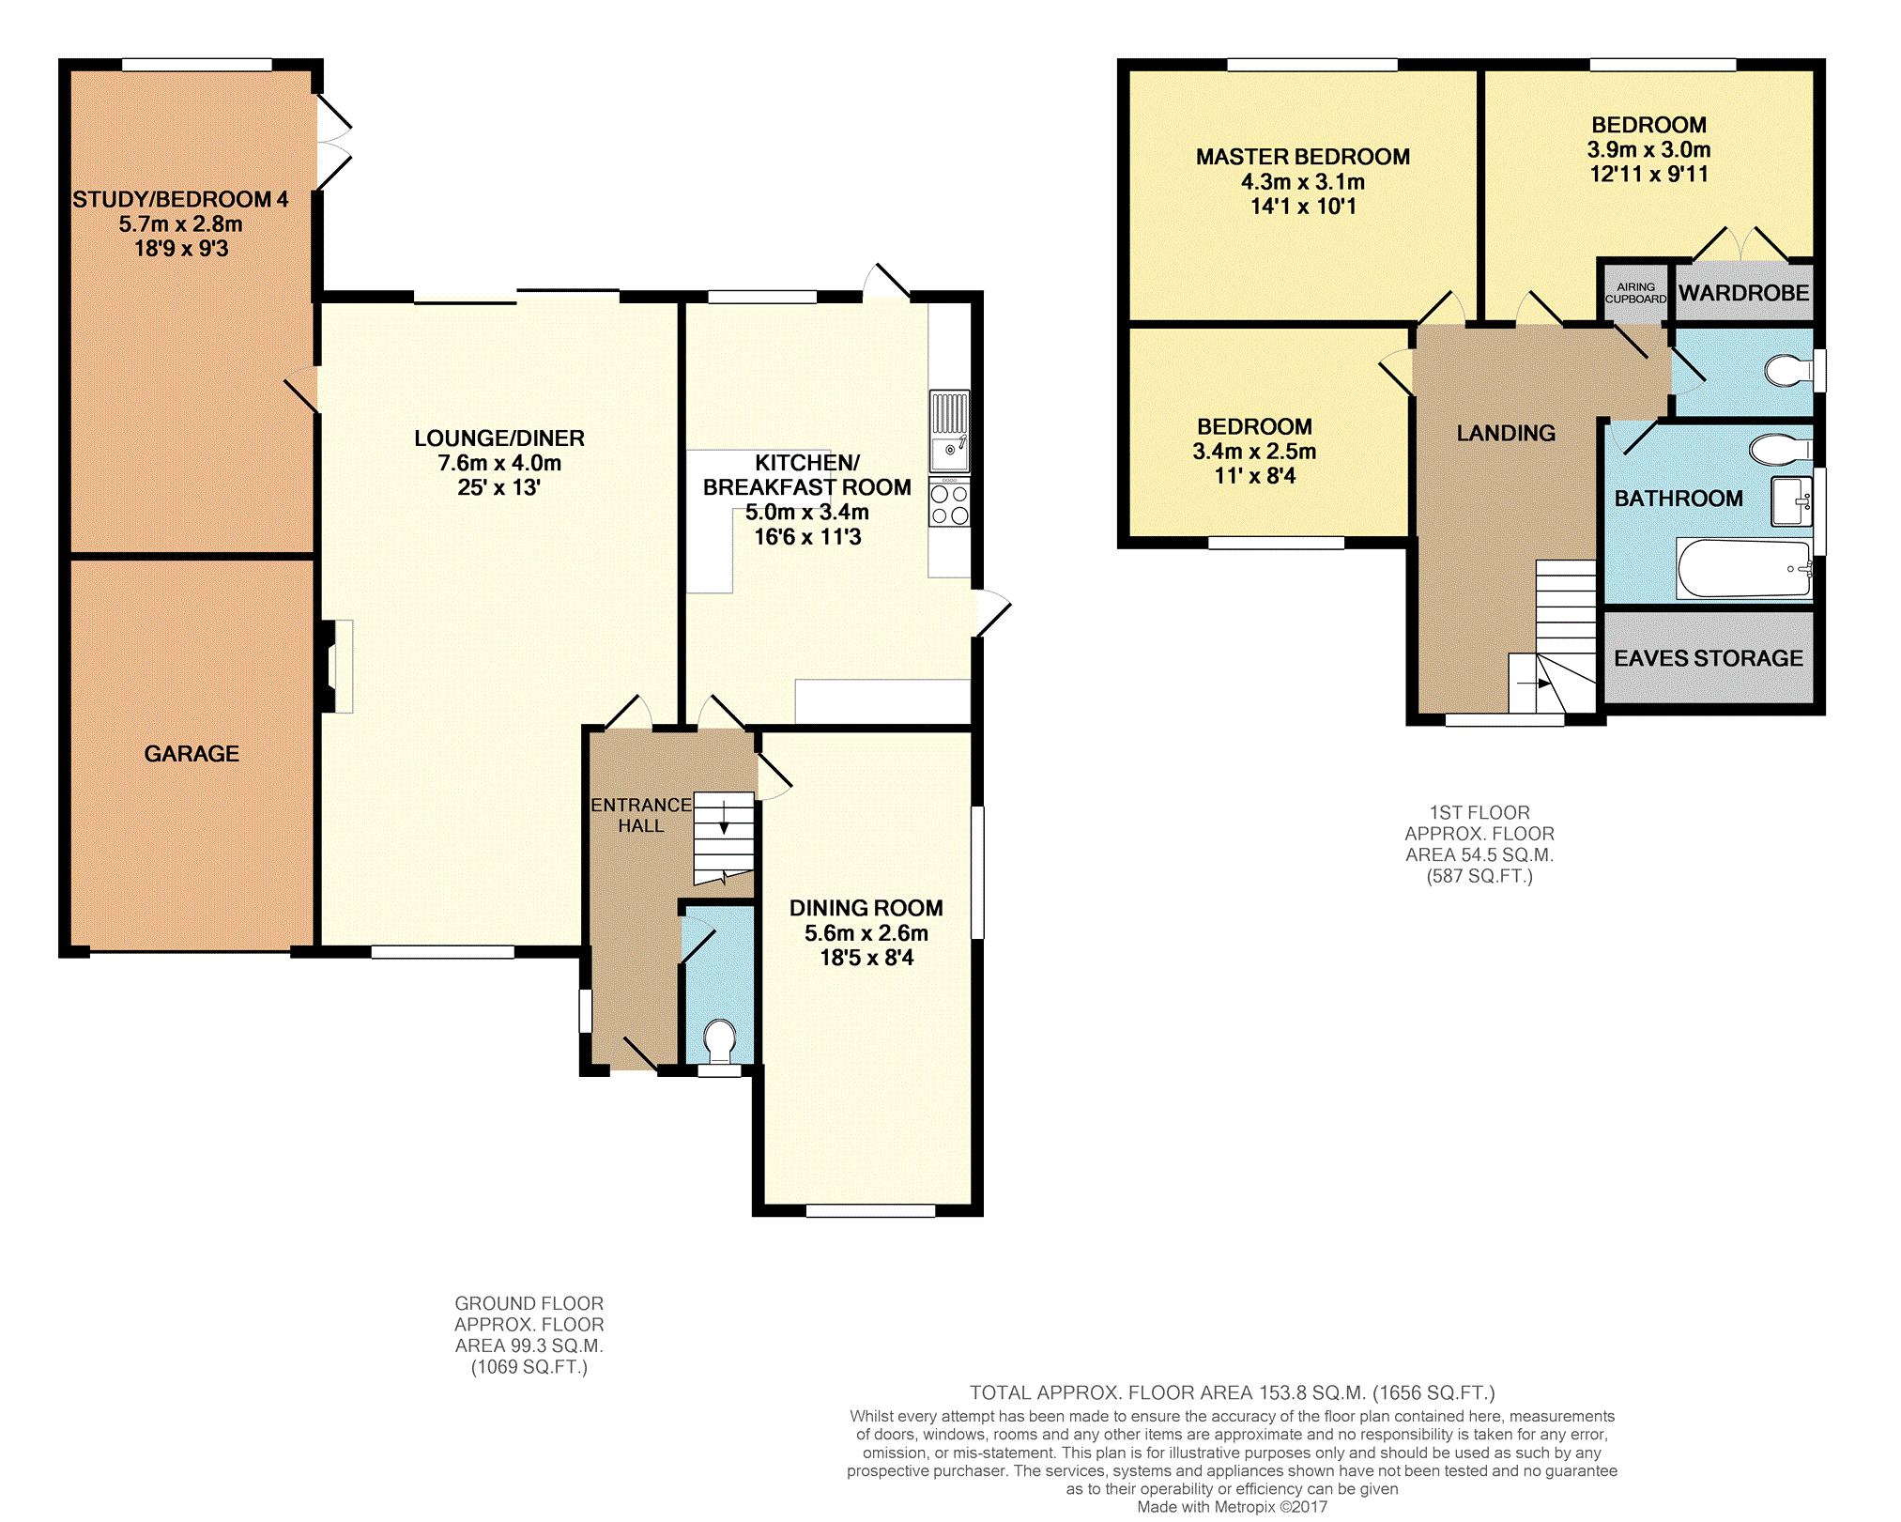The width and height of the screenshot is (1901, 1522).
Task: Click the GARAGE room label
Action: click(192, 753)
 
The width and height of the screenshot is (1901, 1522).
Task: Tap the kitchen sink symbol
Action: click(949, 431)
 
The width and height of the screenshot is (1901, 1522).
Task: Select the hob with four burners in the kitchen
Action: click(949, 502)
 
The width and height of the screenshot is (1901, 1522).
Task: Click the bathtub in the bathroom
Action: click(1744, 568)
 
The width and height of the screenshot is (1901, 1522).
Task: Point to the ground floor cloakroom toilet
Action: click(720, 1042)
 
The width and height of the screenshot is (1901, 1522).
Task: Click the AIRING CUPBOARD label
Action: click(1635, 293)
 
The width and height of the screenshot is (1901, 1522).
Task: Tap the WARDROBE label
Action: click(1743, 293)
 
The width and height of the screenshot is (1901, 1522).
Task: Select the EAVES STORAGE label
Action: click(1709, 658)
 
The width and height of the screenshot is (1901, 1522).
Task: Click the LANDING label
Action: click(1506, 433)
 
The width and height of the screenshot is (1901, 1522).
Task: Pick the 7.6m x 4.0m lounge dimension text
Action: click(499, 463)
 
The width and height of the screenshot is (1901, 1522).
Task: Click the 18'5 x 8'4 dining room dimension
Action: click(866, 958)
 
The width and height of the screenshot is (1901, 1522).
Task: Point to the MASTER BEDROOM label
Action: click(1303, 157)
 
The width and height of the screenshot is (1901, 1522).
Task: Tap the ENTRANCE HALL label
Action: click(641, 815)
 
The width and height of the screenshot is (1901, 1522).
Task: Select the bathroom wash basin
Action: click(1791, 501)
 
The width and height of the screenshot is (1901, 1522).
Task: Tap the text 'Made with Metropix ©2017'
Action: click(1232, 1507)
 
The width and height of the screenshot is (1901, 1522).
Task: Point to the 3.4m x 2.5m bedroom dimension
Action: click(1254, 452)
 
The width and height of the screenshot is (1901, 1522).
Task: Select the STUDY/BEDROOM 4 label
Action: click(180, 199)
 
